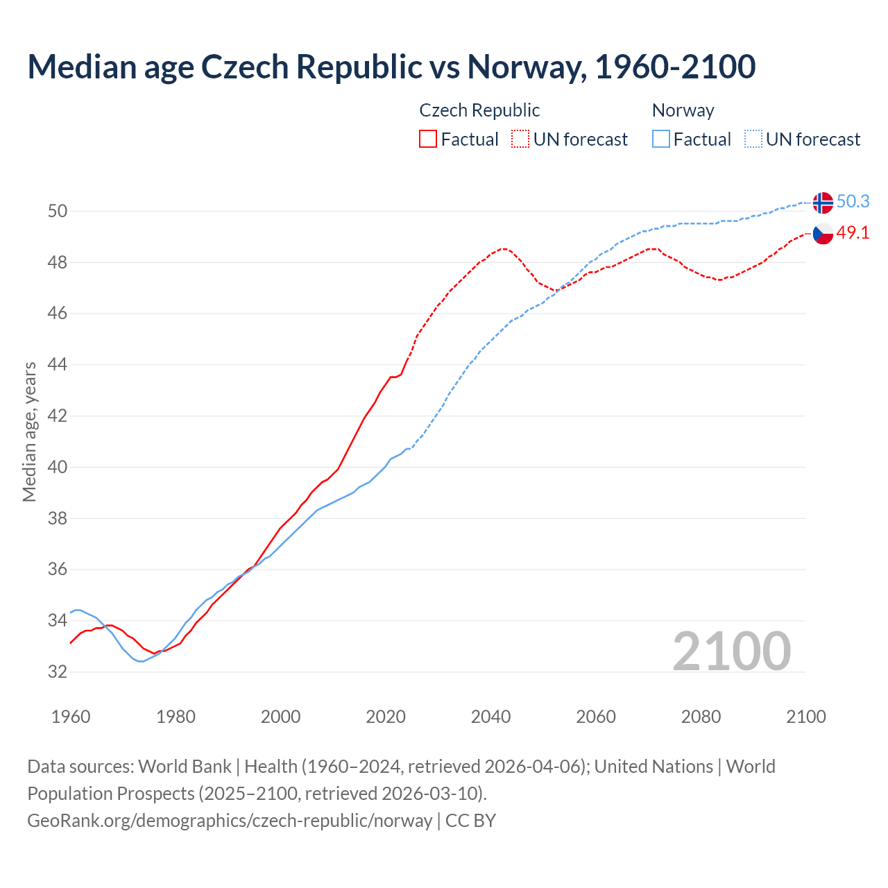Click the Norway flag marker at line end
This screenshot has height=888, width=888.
(x=823, y=203)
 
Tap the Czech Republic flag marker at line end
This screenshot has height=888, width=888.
(x=823, y=234)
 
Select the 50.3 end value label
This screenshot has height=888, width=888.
(x=853, y=201)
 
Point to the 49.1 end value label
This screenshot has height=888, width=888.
(x=853, y=232)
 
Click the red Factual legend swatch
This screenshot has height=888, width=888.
(x=428, y=139)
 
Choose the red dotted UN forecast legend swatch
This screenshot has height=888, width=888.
(x=520, y=139)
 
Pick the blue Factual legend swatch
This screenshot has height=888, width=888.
(x=661, y=139)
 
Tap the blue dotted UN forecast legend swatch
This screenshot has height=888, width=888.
(x=753, y=139)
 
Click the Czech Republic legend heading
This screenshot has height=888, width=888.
(x=479, y=110)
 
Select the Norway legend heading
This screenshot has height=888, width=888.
(x=683, y=110)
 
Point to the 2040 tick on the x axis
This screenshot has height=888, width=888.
(x=490, y=717)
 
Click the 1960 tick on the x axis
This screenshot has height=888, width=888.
(x=71, y=717)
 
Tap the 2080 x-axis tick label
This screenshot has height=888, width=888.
(x=701, y=717)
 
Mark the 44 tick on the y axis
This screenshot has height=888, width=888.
(x=57, y=365)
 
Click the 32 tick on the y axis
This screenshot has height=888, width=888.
(x=57, y=672)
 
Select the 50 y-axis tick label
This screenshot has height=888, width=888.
(x=57, y=211)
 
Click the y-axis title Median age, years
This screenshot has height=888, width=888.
(x=29, y=432)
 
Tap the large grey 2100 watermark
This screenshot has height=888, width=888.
(x=731, y=651)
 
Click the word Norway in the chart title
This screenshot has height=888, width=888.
(x=522, y=67)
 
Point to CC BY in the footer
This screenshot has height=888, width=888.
(x=470, y=820)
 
